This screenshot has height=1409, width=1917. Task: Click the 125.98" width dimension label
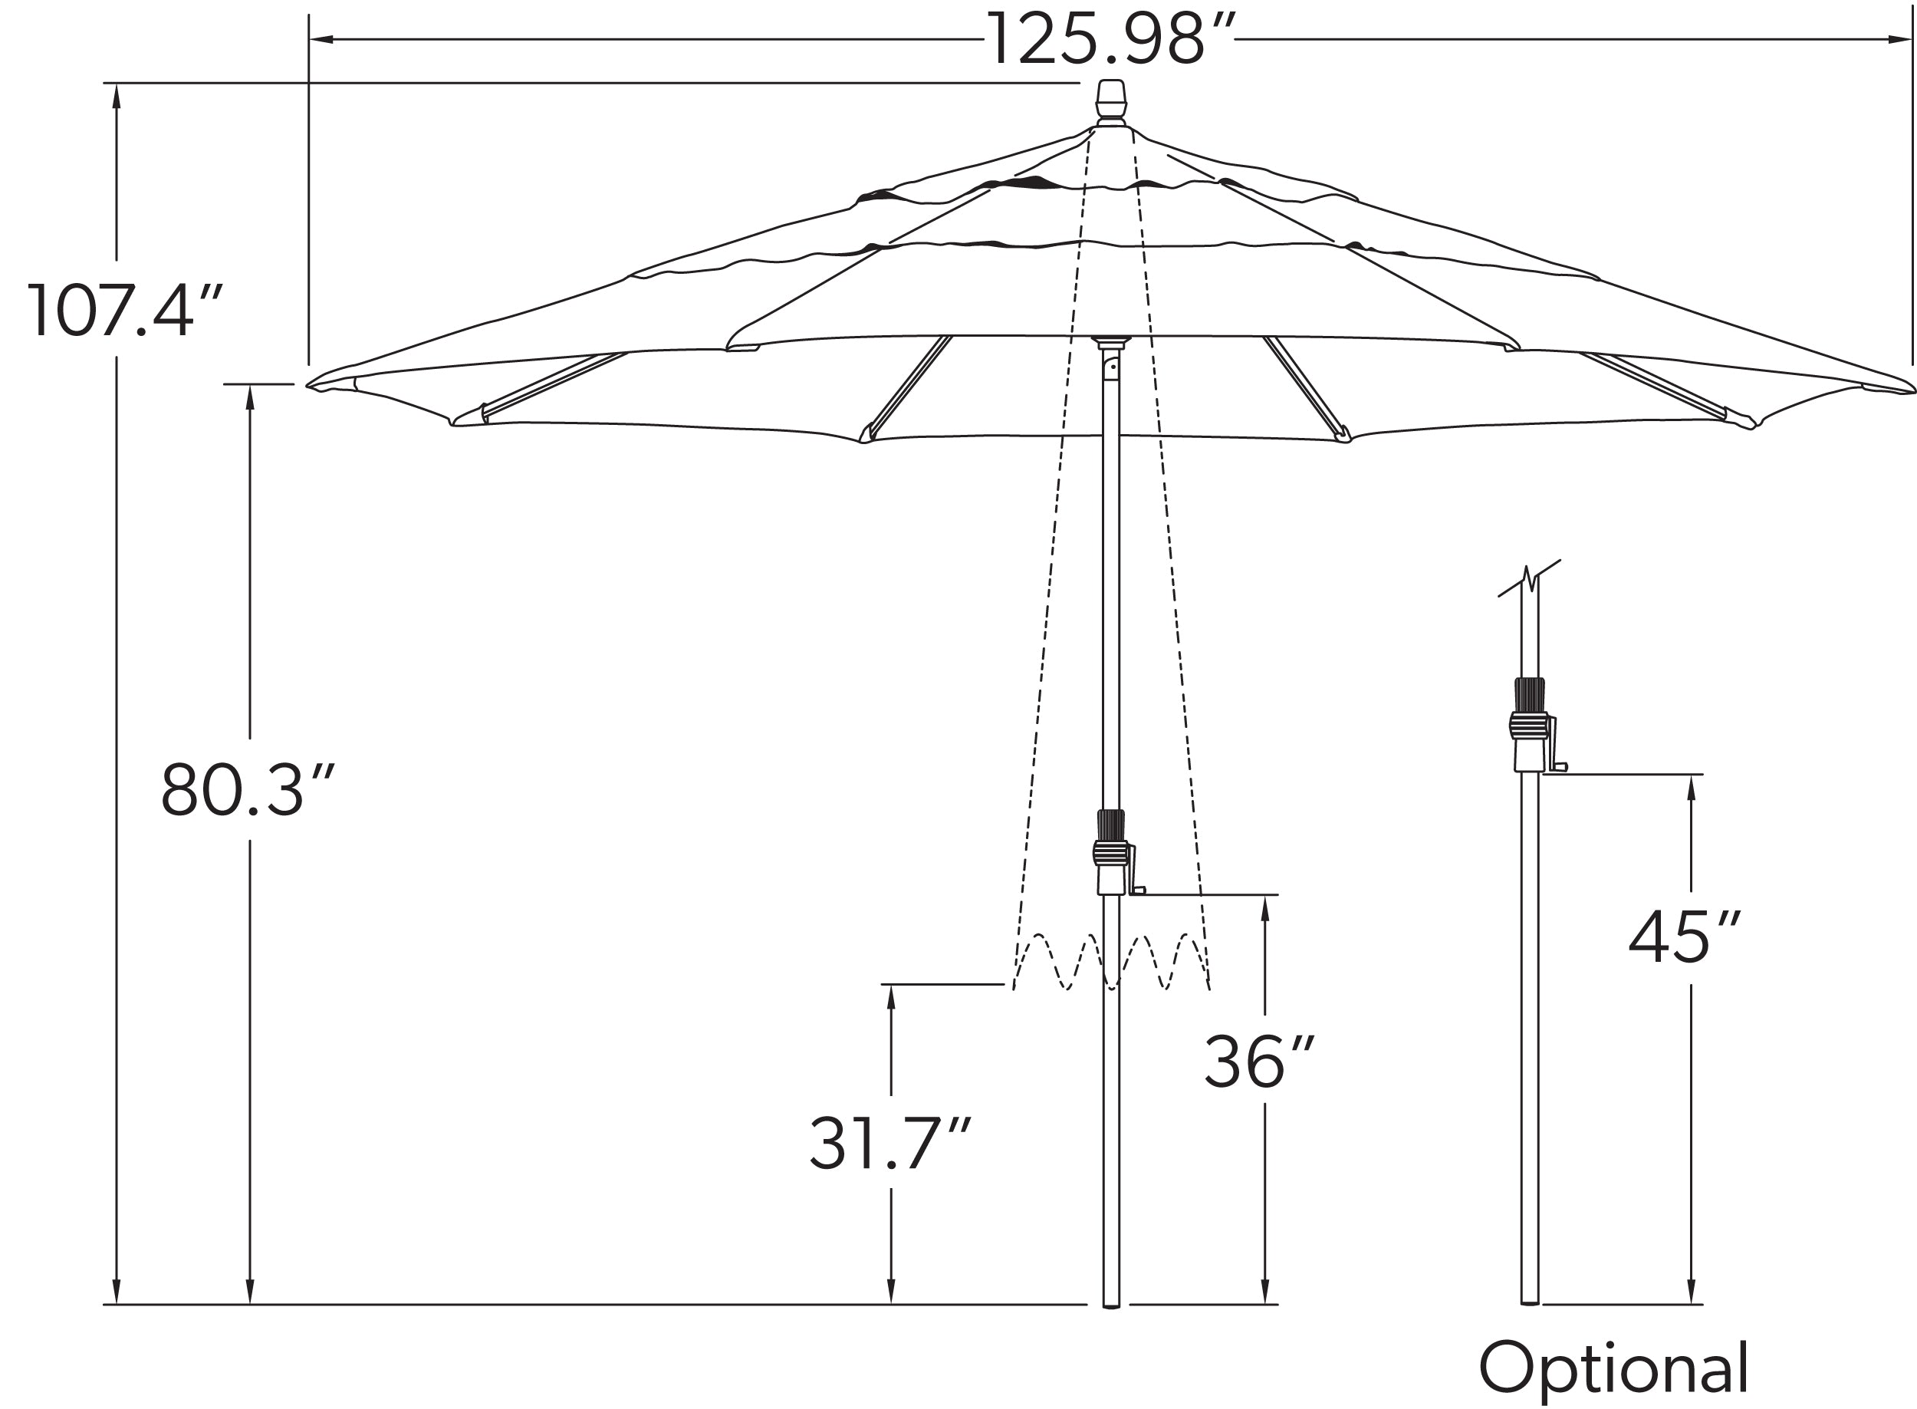click(1110, 39)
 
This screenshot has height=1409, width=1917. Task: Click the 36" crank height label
click(1258, 1062)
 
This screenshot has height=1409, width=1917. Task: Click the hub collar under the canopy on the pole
click(1111, 342)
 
